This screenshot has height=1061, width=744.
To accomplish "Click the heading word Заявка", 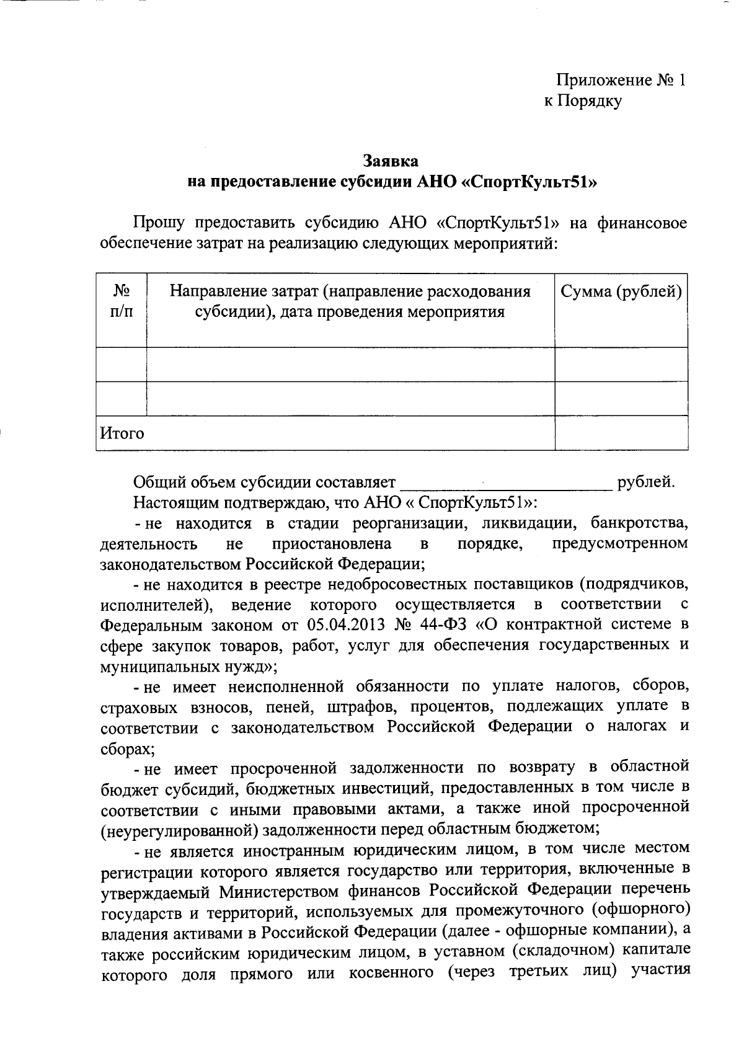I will (x=391, y=161).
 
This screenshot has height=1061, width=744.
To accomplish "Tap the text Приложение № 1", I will (x=621, y=81).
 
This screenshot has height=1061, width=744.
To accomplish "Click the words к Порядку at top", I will (x=582, y=101).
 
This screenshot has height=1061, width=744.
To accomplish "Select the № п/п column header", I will (x=122, y=301).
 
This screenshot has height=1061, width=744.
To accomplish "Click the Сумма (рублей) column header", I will (x=621, y=291).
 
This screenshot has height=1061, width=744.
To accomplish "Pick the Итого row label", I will (x=122, y=433).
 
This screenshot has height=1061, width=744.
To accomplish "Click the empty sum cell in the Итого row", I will (x=621, y=433).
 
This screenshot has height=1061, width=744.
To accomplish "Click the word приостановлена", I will (x=332, y=544).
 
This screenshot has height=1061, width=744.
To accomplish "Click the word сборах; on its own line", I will (x=126, y=748).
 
